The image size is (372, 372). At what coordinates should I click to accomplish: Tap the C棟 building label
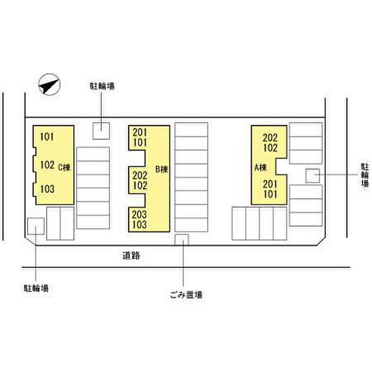pyautogui.click(x=64, y=166)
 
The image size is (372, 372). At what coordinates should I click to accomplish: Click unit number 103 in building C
pyautogui.click(x=47, y=189)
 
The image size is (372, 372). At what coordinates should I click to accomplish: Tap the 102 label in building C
pyautogui.click(x=47, y=165)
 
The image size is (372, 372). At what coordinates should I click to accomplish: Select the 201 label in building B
pyautogui.click(x=140, y=132)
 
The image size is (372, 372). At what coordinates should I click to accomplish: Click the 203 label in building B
pyautogui.click(x=140, y=215)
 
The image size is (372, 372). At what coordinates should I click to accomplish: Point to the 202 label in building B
pyautogui.click(x=140, y=175)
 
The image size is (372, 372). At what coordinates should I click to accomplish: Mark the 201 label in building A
pyautogui.click(x=270, y=184)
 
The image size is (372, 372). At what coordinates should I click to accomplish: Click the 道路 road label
pyautogui.click(x=131, y=256)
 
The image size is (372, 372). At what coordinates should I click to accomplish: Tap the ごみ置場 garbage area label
pyautogui.click(x=187, y=294)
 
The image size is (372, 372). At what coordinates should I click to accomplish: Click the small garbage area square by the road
pyautogui.click(x=182, y=240)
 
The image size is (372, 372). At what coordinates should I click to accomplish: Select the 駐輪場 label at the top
pyautogui.click(x=103, y=86)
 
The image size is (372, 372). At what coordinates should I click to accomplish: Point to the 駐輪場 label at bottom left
pyautogui.click(x=36, y=288)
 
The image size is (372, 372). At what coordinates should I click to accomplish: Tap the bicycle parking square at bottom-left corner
pyautogui.click(x=36, y=226)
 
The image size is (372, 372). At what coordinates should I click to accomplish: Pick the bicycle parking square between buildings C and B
pyautogui.click(x=102, y=131)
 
